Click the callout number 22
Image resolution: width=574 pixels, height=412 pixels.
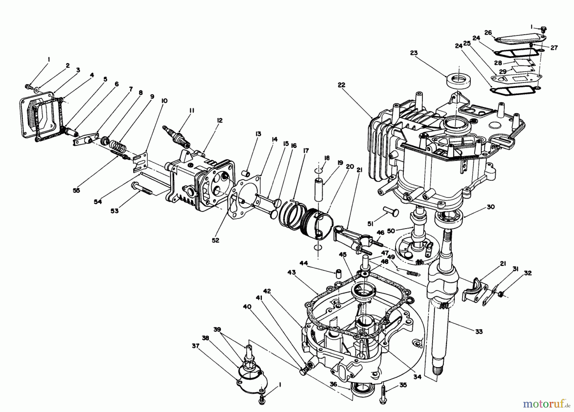(342, 85)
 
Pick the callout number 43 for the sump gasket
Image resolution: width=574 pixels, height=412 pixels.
(291, 273)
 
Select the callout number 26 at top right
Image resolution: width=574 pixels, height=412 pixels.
(488, 32)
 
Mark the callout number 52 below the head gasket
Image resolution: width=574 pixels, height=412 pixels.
(216, 240)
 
